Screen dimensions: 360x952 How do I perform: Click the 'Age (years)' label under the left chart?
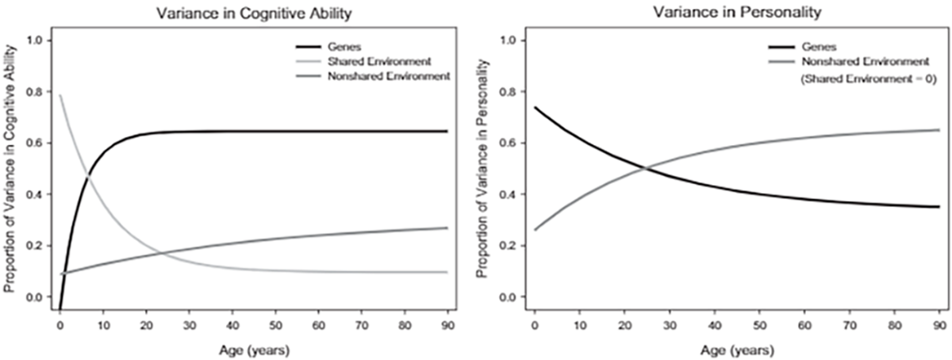pos(254,347)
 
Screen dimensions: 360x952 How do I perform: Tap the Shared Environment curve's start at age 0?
pos(60,96)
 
